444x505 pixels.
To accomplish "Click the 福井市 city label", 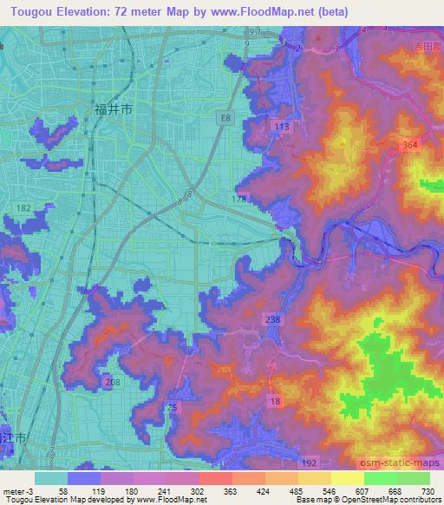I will coord(113,109).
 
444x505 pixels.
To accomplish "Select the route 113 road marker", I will coord(281,127).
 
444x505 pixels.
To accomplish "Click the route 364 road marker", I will coord(411,146).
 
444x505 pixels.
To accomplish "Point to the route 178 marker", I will coord(238,200).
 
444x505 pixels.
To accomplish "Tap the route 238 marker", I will coord(273,320).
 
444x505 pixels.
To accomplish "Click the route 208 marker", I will coord(111,383).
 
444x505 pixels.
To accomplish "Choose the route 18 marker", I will coord(275,399).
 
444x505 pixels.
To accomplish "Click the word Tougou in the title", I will coord(33,11).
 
